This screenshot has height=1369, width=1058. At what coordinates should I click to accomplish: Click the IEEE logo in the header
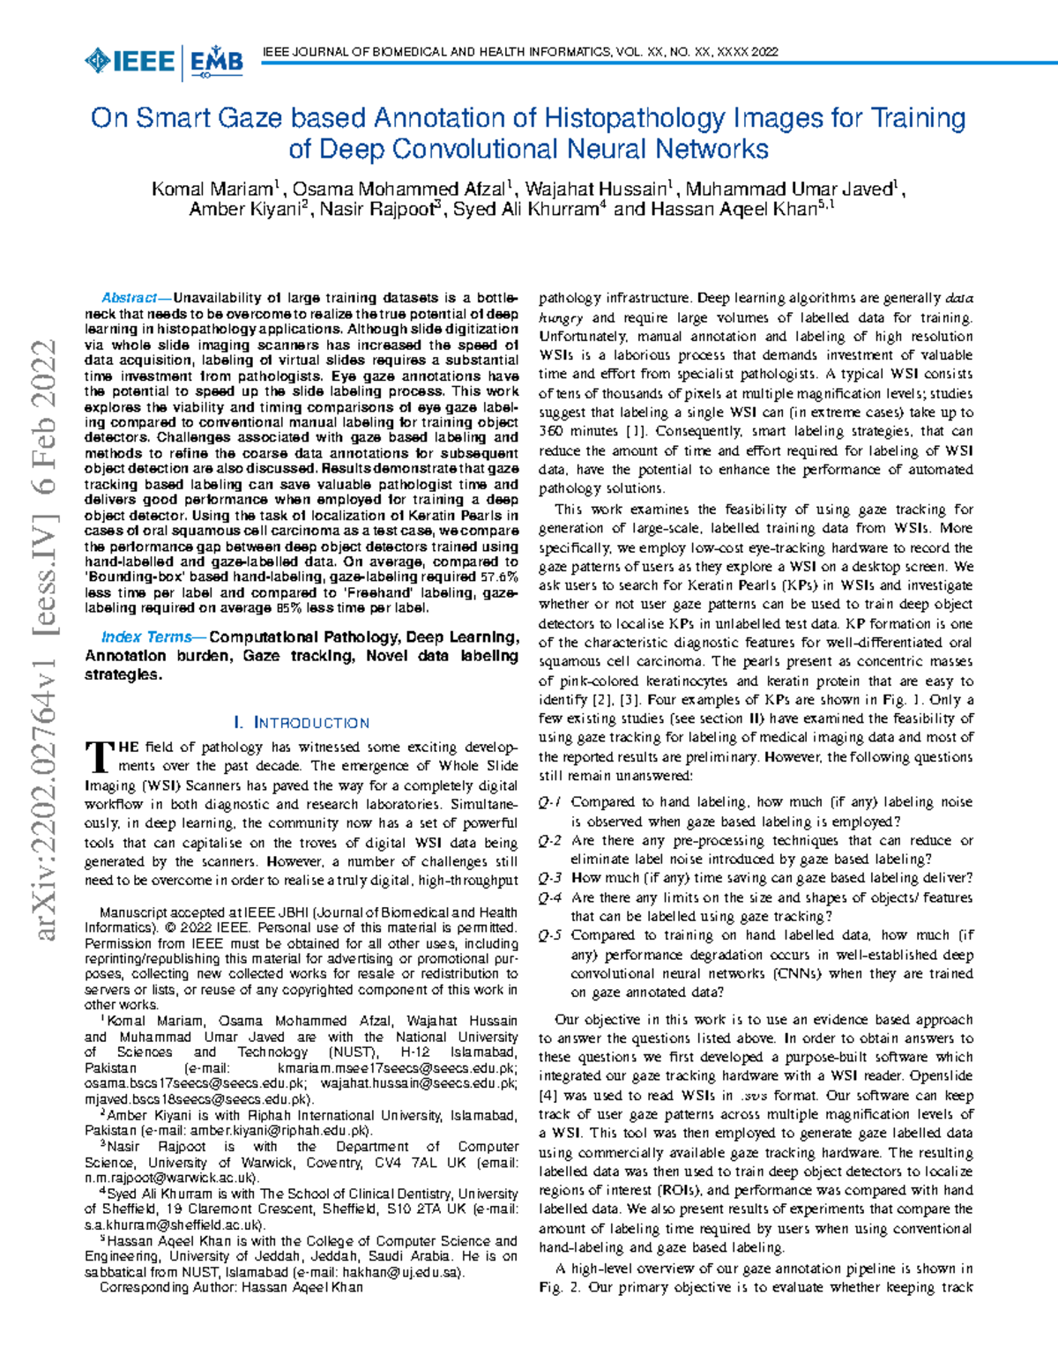(130, 62)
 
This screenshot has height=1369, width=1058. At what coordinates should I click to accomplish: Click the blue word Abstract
(129, 298)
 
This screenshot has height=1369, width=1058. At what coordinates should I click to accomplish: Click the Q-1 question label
(549, 802)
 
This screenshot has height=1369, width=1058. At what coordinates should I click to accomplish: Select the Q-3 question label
(549, 878)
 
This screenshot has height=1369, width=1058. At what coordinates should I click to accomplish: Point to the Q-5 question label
(549, 935)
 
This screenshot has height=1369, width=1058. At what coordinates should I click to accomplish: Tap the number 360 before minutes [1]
(552, 431)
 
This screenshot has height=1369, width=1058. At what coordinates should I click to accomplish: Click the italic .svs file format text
(754, 1096)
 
